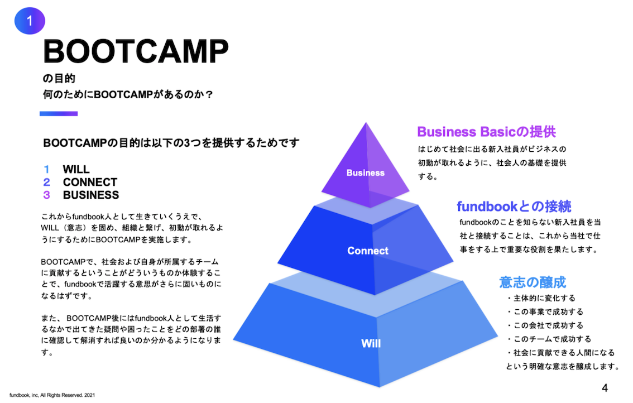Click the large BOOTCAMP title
pos(136,51)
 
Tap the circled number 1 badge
pos(30,20)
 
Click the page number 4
pos(605,388)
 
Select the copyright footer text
pos(52,395)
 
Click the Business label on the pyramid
pos(366,173)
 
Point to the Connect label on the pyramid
pos(368,251)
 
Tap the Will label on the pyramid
pos(371,343)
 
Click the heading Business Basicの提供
pos(486,132)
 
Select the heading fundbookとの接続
pos(514,207)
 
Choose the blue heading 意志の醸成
pos(533,282)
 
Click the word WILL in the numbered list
pos(76,169)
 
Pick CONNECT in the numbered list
pos(90,182)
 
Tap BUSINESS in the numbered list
pos(91,195)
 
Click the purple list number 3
pos(47,195)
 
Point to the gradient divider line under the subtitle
pos(59,114)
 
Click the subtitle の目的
pos(59,78)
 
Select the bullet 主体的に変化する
pos(541,298)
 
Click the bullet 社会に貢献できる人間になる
pos(560,353)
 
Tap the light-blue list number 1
pos(46,169)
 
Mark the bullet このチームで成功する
pos(549,339)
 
